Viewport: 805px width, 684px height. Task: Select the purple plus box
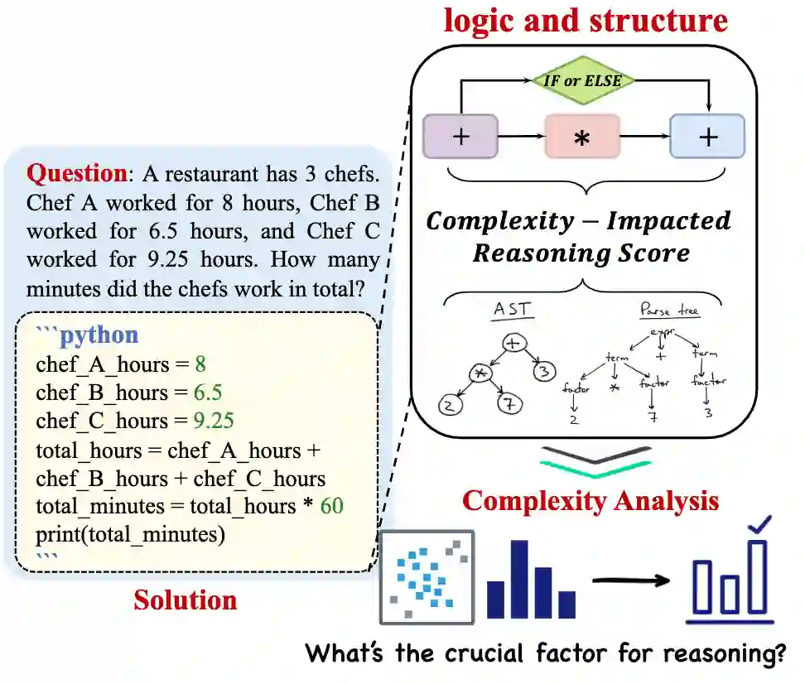pyautogui.click(x=460, y=137)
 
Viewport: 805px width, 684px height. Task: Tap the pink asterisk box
pyautogui.click(x=581, y=137)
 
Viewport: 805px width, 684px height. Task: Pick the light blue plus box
pyautogui.click(x=706, y=137)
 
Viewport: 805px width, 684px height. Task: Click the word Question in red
pyautogui.click(x=75, y=174)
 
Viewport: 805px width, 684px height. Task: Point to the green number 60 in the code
pyautogui.click(x=331, y=506)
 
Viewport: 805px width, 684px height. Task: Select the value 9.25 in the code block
pyautogui.click(x=213, y=421)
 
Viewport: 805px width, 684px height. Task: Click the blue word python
pyautogui.click(x=99, y=335)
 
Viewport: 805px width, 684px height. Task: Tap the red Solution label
pyautogui.click(x=185, y=600)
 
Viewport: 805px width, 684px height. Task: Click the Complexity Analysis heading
pyautogui.click(x=590, y=501)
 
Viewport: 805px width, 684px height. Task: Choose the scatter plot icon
pyautogui.click(x=427, y=577)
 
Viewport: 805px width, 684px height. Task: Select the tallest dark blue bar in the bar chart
pyautogui.click(x=519, y=579)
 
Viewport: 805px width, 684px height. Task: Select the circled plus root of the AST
pyautogui.click(x=513, y=342)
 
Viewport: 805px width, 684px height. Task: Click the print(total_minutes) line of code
pyautogui.click(x=130, y=534)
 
